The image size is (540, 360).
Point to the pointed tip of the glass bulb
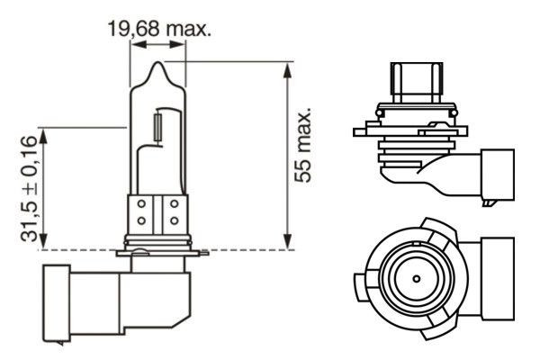point(157,65)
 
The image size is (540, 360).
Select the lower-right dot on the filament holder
point(173,221)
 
